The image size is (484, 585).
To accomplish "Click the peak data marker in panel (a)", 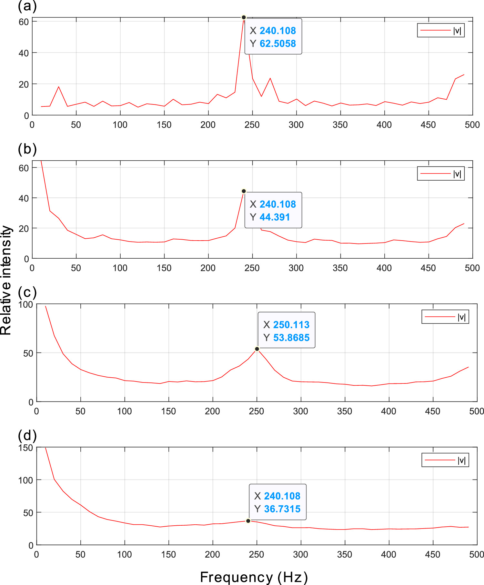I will coord(244,17).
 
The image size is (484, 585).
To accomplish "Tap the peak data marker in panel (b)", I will coord(244,191).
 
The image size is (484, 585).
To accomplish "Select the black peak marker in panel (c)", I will coord(257,349).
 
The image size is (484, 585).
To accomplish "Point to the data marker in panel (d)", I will coord(248,521).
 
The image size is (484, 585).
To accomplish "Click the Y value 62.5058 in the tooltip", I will coord(277,44).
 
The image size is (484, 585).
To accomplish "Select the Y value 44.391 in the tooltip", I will coord(275,217).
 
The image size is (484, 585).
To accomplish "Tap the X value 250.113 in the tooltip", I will coord(291,325).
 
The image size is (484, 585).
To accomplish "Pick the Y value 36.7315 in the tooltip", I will coord(282,509).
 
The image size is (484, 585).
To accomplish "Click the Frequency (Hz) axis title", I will coord(254,577).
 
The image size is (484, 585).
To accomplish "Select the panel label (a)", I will coord(27,6).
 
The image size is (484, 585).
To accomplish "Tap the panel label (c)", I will coord(27,292).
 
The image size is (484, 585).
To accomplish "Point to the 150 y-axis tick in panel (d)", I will coord(26,448).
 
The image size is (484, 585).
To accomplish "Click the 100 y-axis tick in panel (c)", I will coord(26,305).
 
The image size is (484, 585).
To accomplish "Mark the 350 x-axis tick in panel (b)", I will coord(340,268).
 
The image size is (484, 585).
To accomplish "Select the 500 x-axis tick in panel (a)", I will coord(472,125).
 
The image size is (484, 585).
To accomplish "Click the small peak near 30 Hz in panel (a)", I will coord(58,87).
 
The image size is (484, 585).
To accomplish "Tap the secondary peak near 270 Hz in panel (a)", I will coord(270,78).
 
